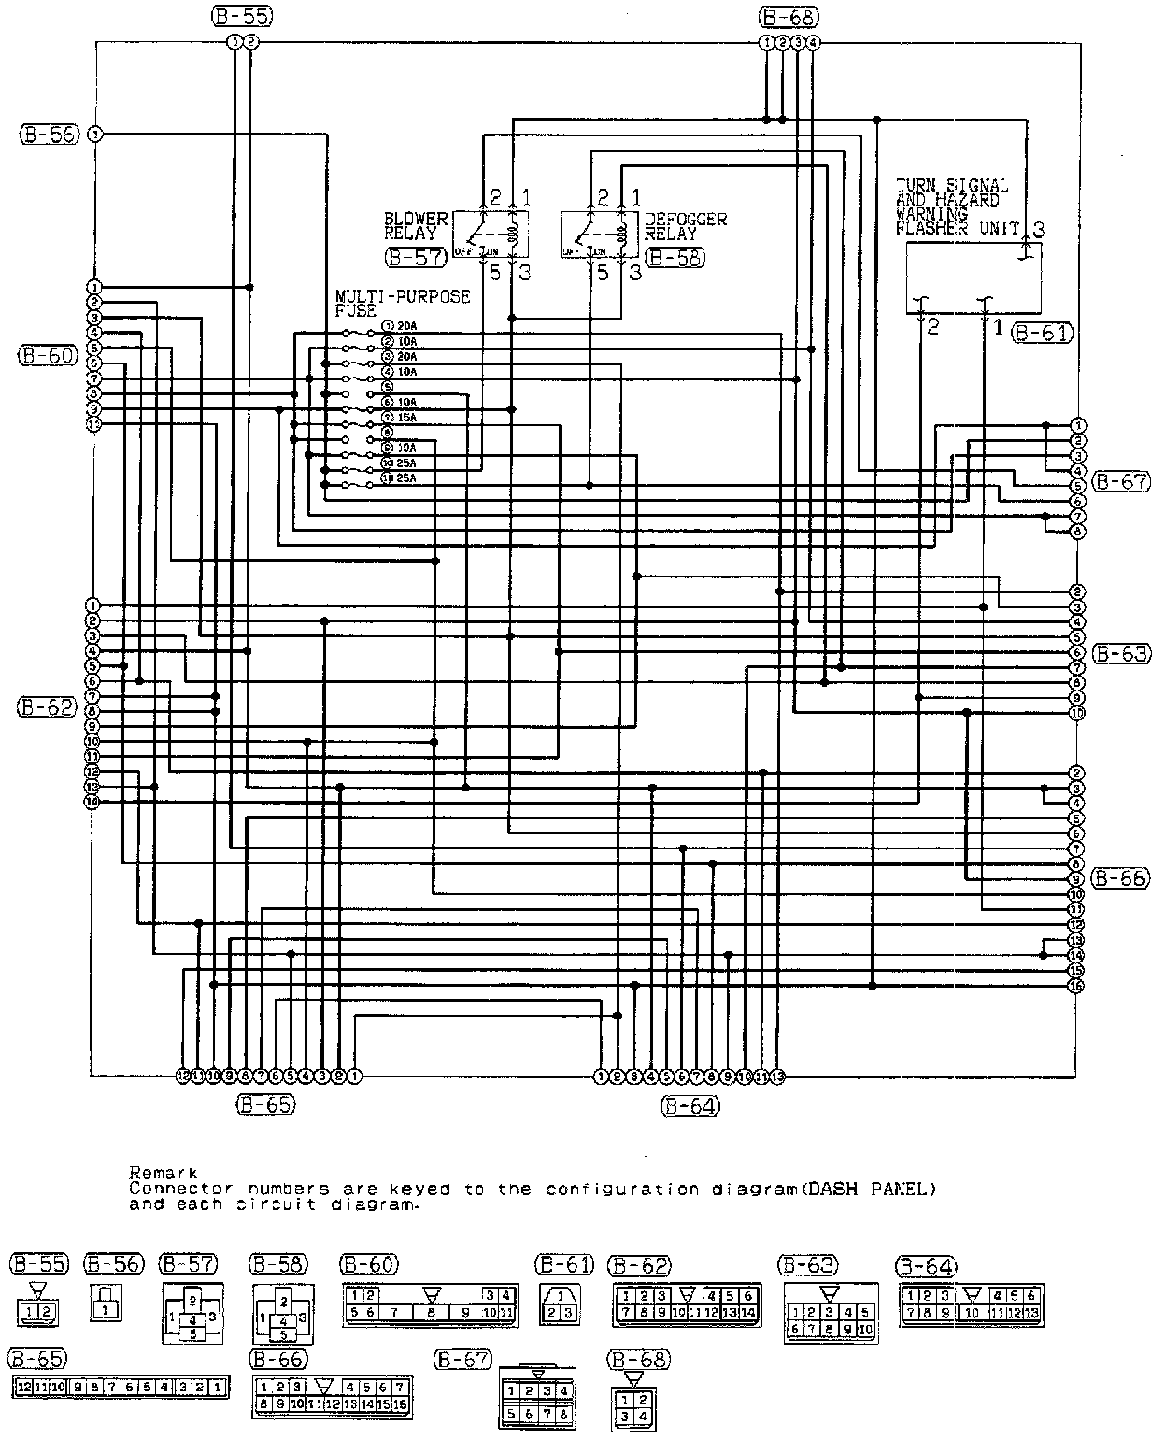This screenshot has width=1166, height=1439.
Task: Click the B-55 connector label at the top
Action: coord(240,16)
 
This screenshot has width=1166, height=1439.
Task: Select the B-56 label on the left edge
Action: coord(49,135)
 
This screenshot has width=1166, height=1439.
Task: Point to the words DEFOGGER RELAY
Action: coord(685,227)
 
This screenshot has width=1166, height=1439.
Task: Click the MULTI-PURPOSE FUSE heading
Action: coord(402,303)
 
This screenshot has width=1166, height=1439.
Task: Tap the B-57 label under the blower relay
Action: coord(415,257)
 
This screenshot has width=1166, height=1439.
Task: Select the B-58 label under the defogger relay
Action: coord(675,257)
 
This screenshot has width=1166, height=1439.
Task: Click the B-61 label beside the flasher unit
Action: coord(1043,332)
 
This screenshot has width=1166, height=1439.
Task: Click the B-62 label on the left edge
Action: coord(47,707)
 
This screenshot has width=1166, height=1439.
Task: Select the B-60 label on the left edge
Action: coord(47,355)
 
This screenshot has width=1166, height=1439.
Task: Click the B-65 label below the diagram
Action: coord(265,1104)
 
